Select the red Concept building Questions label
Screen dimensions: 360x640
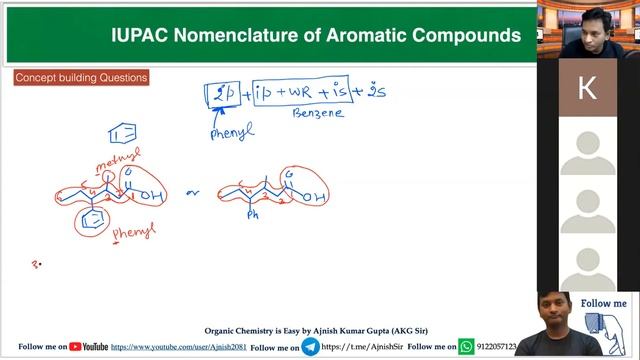pos(81,78)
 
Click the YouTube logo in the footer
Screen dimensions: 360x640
pos(89,346)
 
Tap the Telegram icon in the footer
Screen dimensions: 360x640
pos(311,346)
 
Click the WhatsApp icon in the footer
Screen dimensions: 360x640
pos(466,346)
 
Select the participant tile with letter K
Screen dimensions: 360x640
pos(587,88)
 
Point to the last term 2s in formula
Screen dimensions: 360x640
pos(374,92)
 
